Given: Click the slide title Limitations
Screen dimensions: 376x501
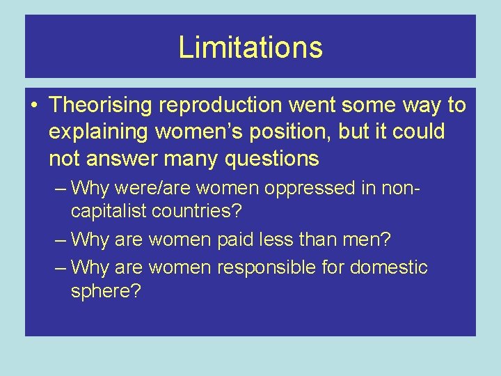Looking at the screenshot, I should click(250, 47).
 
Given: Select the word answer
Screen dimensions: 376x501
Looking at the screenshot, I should click(124, 159).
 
